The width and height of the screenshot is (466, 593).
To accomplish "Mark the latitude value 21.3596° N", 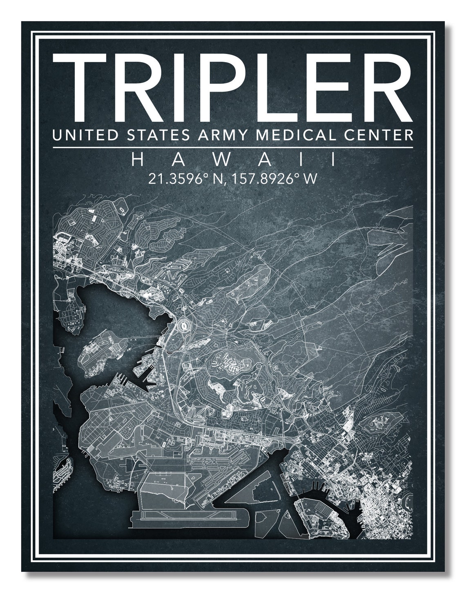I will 185,179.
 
